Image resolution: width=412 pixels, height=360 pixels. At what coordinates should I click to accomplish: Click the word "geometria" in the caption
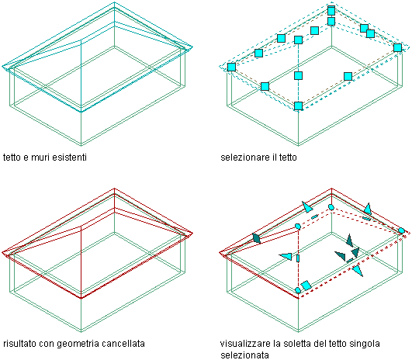pyautogui.click(x=78, y=344)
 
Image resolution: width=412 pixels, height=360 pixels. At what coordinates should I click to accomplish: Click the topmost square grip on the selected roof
pyautogui.click(x=331, y=11)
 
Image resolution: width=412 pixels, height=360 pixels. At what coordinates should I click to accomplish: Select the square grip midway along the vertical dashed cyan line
pyautogui.click(x=298, y=76)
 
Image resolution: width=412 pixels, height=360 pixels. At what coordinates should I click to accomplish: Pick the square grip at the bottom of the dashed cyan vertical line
pyautogui.click(x=298, y=106)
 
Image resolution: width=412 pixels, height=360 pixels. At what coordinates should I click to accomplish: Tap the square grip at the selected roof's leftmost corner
pyautogui.click(x=231, y=67)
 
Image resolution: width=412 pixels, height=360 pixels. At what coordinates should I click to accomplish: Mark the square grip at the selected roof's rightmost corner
pyautogui.click(x=397, y=47)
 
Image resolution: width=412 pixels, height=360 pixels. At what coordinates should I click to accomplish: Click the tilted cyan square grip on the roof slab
pyautogui.click(x=306, y=286)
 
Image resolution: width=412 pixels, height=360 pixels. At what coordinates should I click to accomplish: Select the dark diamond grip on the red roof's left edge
pyautogui.click(x=256, y=238)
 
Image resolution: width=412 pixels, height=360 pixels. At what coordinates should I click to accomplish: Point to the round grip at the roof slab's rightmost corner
pyautogui.click(x=401, y=231)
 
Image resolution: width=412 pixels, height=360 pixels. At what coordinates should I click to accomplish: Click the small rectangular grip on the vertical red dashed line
pyautogui.click(x=298, y=258)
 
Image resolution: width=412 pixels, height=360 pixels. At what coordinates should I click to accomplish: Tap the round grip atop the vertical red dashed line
pyautogui.click(x=298, y=227)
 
